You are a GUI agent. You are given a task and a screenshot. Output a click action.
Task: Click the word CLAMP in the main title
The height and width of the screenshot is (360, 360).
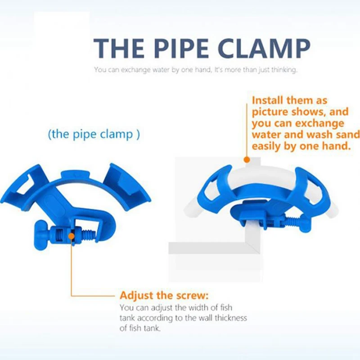(264, 48)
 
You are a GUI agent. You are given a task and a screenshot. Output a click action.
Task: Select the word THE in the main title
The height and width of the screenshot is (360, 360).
(119, 48)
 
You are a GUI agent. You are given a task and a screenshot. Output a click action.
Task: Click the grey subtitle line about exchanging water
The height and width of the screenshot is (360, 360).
(196, 70)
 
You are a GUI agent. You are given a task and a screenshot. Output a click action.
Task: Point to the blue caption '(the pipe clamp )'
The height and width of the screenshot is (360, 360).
(94, 134)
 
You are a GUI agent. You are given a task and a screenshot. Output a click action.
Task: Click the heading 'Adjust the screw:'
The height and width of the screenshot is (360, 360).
(164, 295)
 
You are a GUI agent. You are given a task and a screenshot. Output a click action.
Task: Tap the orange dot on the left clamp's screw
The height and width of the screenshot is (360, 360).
(72, 236)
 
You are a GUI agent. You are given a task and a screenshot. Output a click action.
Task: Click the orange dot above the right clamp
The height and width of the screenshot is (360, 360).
(247, 160)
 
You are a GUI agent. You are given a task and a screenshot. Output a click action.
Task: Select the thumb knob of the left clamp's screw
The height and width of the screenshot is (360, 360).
(41, 234)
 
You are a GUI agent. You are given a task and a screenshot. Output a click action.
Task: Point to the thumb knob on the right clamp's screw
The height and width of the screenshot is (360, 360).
(306, 223)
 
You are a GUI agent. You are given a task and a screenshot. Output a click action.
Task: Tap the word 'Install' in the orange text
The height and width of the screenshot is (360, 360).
(267, 100)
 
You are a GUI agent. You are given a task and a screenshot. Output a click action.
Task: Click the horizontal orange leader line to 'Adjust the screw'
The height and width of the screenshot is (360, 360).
(93, 296)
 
